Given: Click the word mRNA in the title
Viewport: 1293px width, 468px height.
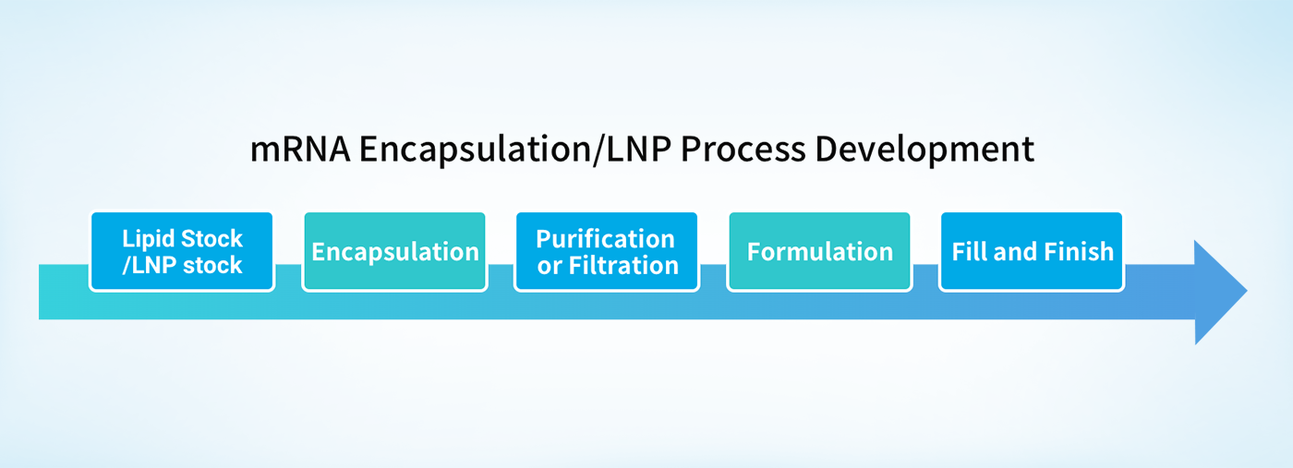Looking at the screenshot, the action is point(300,150).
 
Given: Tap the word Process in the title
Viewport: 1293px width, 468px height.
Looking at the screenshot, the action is point(743,150).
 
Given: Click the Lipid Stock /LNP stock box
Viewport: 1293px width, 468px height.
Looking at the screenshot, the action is point(182,251).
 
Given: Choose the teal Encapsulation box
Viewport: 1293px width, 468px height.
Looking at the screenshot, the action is point(395,251).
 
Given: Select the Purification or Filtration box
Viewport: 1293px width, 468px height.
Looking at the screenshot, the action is point(607,251).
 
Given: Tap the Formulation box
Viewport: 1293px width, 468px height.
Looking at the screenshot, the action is point(820,251).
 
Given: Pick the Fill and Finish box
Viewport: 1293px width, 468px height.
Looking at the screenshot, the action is point(1033,251).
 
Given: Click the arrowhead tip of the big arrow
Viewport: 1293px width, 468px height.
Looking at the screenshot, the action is point(1248,292).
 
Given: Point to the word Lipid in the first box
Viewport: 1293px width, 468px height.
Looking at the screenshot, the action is point(148,239).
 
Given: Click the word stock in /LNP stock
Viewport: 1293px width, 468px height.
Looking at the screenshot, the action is point(212,266).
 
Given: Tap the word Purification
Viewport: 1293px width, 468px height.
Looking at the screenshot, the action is point(605,239).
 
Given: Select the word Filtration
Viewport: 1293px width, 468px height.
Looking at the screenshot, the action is point(623,266).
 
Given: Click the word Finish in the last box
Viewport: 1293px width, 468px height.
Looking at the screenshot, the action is point(1079,252).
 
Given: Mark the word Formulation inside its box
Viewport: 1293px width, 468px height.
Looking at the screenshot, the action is point(820,252).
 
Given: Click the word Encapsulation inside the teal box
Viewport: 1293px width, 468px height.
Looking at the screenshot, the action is point(395,252).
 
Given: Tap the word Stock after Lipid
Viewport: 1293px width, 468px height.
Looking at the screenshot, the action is point(211,239).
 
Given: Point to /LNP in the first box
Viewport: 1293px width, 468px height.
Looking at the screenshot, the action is point(150,266).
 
